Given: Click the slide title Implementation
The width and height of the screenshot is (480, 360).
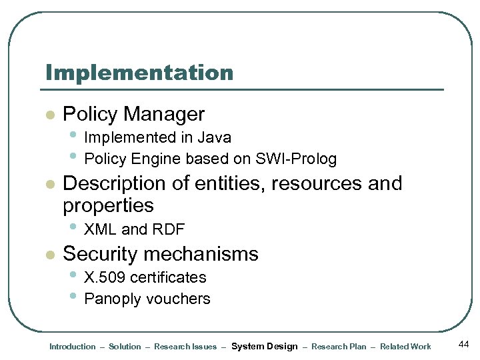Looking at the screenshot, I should coord(139,72).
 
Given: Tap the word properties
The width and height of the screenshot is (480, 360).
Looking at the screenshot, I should coord(108,205).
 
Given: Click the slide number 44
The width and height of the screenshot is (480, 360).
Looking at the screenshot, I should coord(464,343).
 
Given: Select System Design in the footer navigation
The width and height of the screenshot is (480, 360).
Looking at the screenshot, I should coord(264,347).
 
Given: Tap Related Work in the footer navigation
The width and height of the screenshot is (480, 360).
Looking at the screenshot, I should coord(405,347).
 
